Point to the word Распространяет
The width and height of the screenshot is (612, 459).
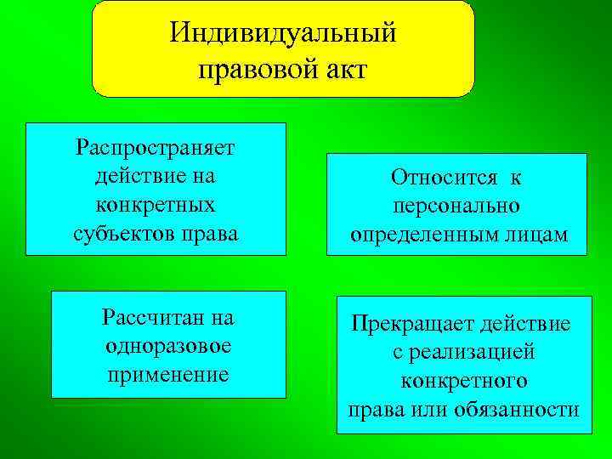156,149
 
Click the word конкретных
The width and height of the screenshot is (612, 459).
156,205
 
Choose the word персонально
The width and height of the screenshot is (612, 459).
457,207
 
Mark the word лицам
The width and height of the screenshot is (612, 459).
533,235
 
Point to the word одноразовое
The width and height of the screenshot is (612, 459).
168,346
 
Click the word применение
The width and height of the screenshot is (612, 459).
168,374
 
